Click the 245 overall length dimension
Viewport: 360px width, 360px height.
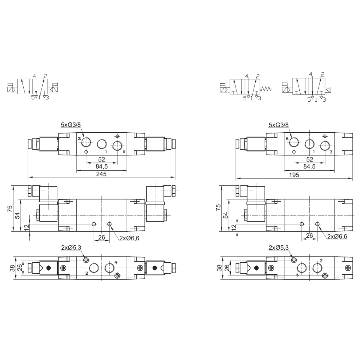click(x=101, y=174)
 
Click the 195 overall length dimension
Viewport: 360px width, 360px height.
click(x=294, y=175)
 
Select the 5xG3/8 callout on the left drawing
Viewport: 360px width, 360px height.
click(x=71, y=124)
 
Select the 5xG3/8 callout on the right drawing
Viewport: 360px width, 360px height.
click(x=279, y=124)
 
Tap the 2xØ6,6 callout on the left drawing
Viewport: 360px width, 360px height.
click(x=129, y=238)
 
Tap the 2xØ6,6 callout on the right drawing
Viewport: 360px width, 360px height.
click(x=337, y=236)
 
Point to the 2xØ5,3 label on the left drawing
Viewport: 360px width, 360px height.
click(x=71, y=247)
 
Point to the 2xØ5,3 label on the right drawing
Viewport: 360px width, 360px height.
click(x=278, y=247)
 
